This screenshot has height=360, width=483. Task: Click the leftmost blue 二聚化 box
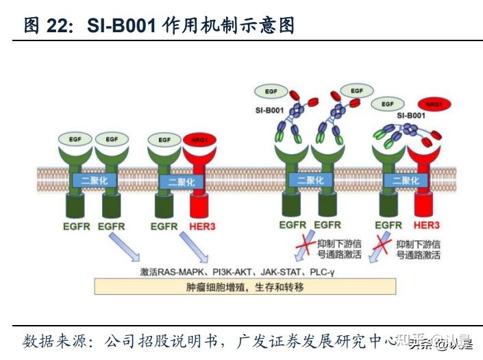pyautogui.click(x=95, y=181)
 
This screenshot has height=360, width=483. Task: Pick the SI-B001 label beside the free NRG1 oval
pyautogui.click(x=411, y=116)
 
